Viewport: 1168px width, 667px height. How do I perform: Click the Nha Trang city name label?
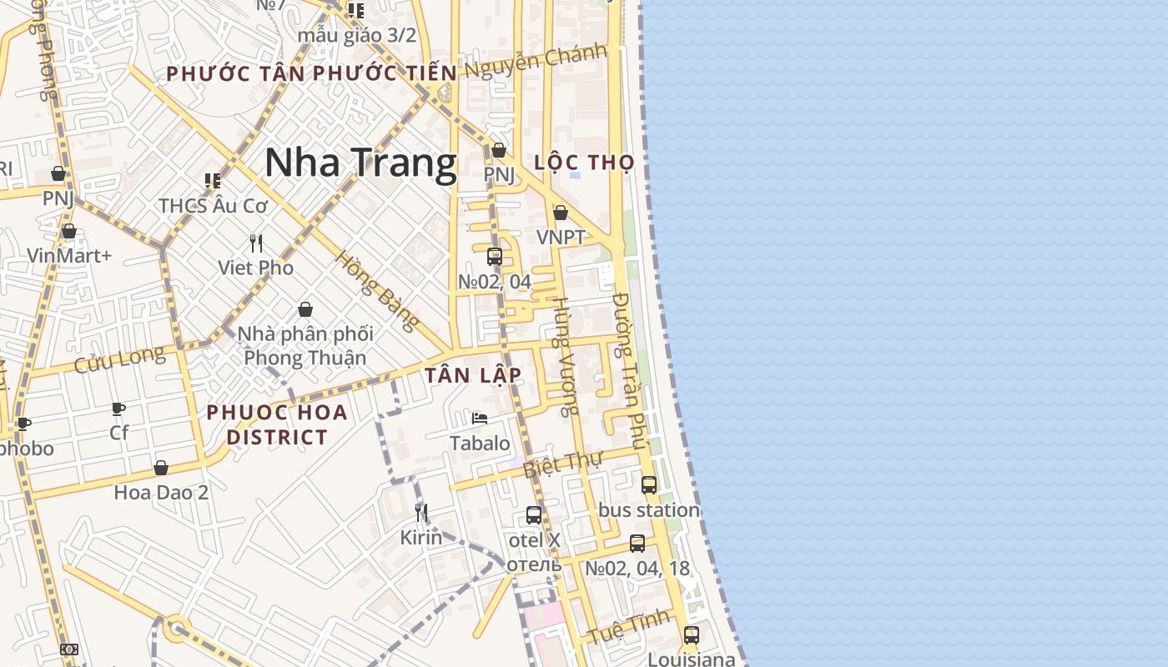click(360, 163)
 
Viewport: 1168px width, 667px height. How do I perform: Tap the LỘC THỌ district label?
click(584, 163)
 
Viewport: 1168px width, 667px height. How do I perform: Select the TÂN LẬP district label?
click(473, 376)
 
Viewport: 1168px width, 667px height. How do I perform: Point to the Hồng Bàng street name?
click(377, 290)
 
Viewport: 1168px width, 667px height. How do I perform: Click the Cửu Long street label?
click(120, 360)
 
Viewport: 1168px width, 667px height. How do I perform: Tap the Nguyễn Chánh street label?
click(536, 62)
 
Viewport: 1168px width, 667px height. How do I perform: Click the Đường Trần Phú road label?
click(630, 371)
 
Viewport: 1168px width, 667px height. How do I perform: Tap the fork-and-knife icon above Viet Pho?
click(256, 243)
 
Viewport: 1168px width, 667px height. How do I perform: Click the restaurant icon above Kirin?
click(421, 512)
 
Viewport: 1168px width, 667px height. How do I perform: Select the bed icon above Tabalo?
click(480, 418)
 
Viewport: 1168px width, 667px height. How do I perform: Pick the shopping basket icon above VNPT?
click(561, 213)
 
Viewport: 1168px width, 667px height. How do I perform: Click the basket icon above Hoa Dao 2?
click(161, 468)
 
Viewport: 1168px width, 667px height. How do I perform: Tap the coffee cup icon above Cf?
click(118, 409)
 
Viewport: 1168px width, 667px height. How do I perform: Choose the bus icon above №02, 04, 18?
click(637, 544)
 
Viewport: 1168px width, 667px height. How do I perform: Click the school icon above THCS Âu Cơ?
click(212, 180)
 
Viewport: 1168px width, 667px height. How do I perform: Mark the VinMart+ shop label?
click(69, 255)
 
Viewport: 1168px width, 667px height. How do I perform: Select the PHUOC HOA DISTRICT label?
click(277, 424)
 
